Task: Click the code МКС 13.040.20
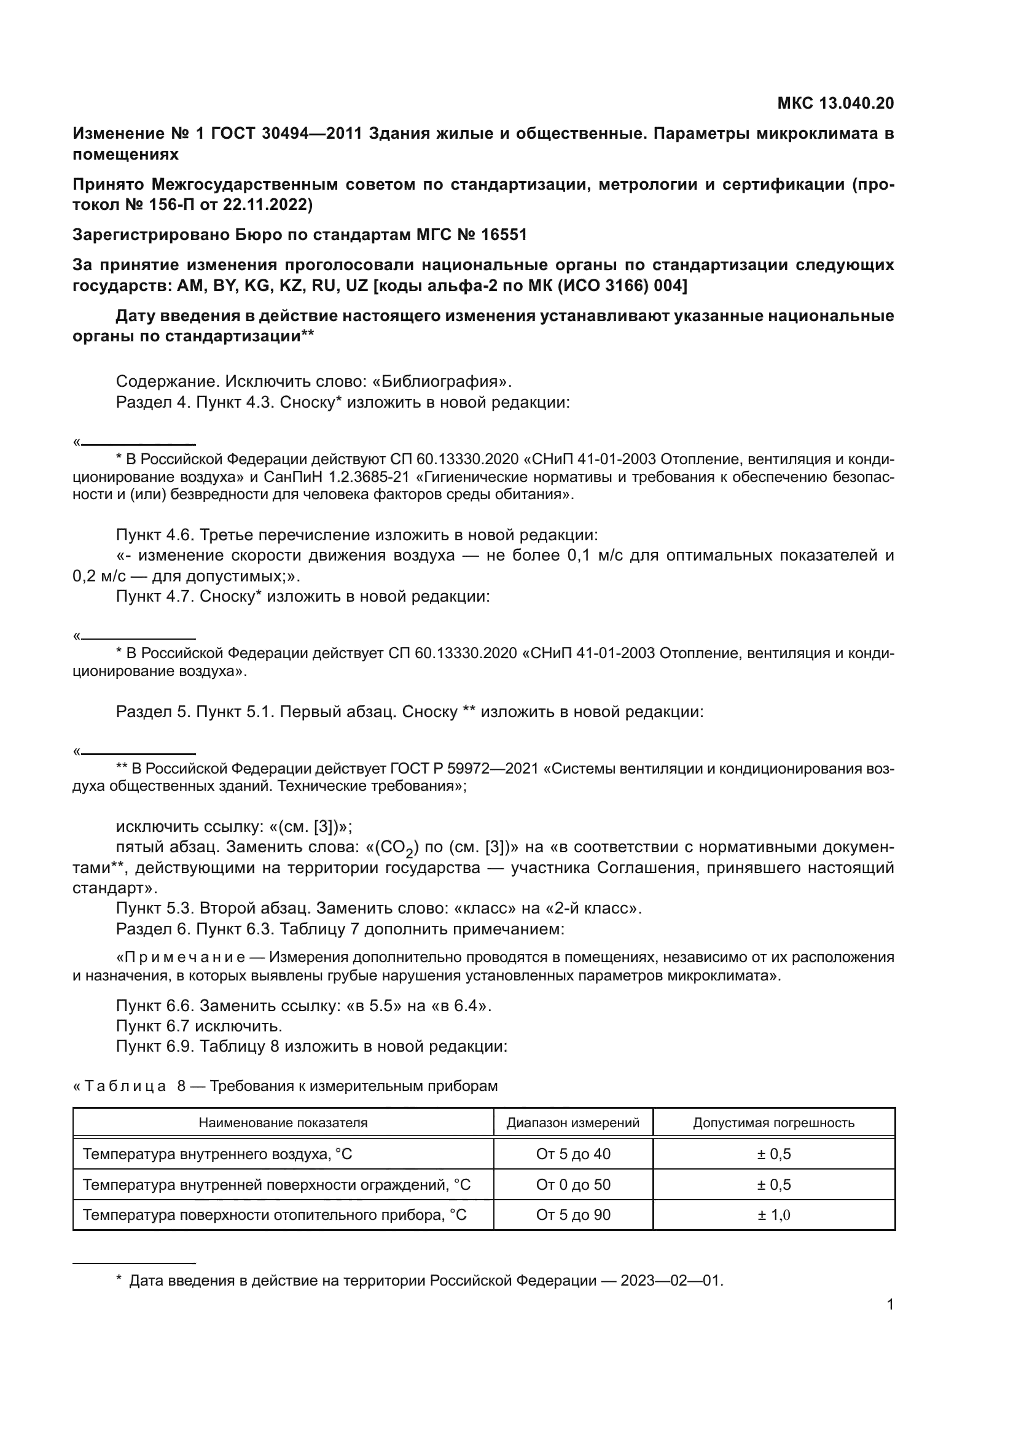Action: tap(835, 103)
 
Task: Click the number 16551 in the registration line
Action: tap(504, 235)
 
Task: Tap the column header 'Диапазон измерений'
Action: tap(572, 1123)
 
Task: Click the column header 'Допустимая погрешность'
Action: tap(773, 1123)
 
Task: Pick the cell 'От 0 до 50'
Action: tap(572, 1184)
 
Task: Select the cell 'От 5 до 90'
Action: tap(572, 1214)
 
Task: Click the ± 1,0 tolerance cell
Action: tap(773, 1214)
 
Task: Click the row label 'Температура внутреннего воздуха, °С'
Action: tap(217, 1154)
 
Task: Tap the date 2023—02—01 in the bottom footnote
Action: tap(670, 1281)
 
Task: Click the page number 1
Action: tap(890, 1305)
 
